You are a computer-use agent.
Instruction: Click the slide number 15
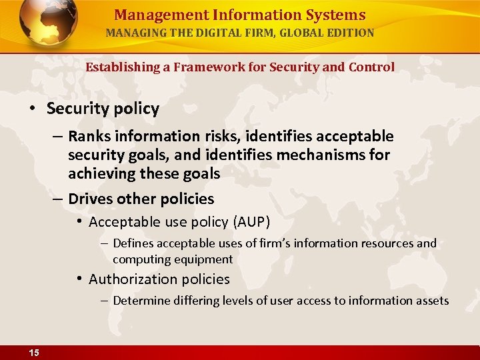coord(33,353)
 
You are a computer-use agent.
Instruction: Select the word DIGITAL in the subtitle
coord(201,32)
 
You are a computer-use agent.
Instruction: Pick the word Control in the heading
coord(372,67)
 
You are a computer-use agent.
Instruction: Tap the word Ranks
coord(89,137)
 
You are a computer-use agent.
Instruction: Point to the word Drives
coord(90,199)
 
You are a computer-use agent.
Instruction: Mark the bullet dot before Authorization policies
coord(79,278)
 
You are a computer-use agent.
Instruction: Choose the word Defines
coord(133,243)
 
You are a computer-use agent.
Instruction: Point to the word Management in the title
coord(151,15)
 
